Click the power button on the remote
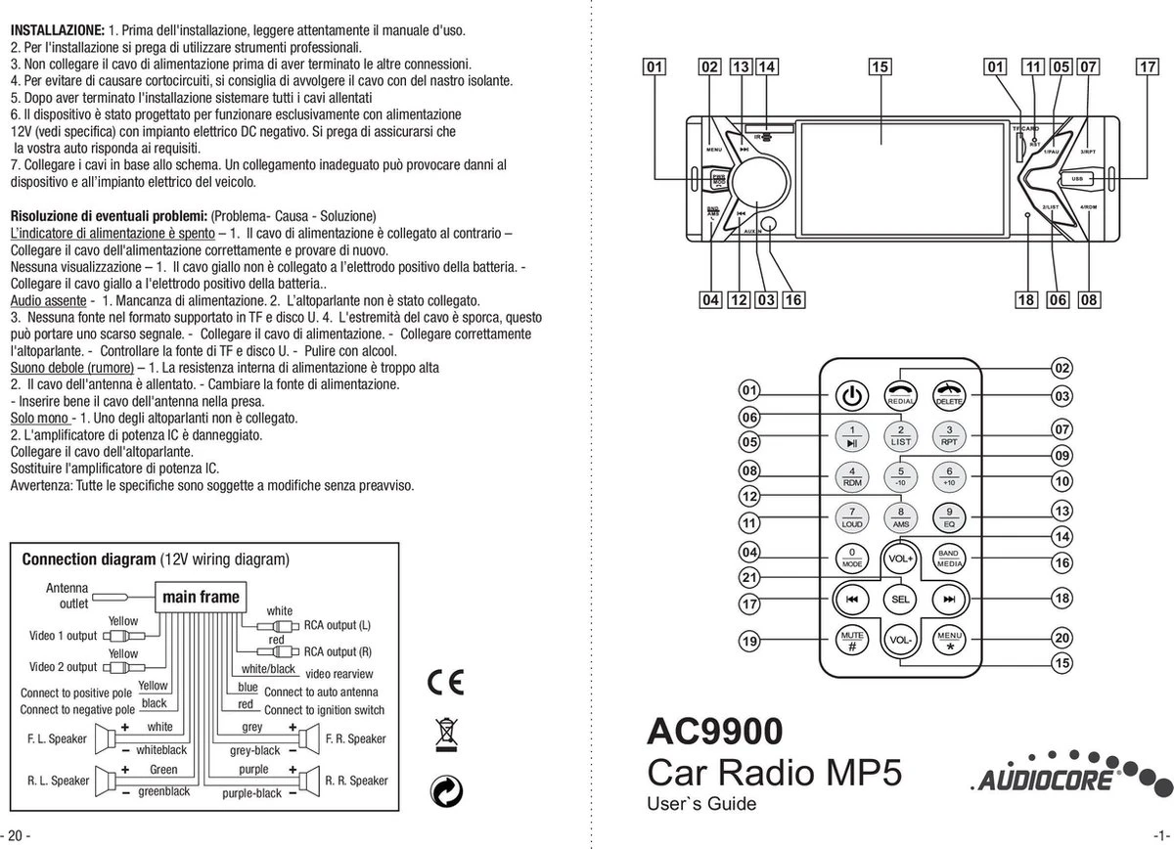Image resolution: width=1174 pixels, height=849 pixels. (852, 396)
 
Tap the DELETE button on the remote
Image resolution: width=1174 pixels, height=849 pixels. (948, 395)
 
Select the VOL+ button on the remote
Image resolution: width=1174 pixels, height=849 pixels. (900, 559)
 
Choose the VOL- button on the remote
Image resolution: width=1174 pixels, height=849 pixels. (900, 639)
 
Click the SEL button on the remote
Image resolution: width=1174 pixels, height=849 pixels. (900, 598)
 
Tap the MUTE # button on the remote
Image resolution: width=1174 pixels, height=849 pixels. (852, 639)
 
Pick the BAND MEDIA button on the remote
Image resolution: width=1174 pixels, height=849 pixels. (948, 559)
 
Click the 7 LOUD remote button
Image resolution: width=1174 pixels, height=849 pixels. (852, 517)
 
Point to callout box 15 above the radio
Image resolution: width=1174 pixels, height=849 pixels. (880, 67)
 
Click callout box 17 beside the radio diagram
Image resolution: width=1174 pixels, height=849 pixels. (1148, 67)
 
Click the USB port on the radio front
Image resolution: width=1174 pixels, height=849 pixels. (1077, 179)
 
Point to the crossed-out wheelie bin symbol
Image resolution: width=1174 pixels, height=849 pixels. (446, 734)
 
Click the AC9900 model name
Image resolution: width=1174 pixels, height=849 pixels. (715, 732)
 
